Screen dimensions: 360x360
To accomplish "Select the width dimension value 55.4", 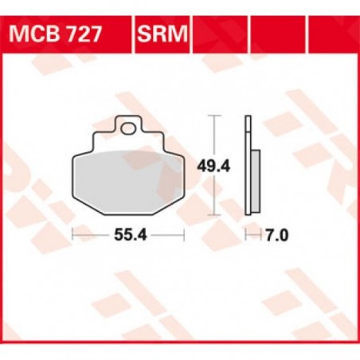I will click(x=127, y=236).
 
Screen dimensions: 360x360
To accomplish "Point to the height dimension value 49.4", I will click(x=213, y=166).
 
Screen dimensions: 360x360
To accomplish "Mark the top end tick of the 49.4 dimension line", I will click(x=213, y=116).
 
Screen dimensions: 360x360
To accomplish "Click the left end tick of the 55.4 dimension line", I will click(x=72, y=235).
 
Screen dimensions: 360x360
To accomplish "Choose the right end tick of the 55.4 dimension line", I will click(x=184, y=235).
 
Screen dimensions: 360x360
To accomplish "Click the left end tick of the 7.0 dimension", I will click(x=245, y=235).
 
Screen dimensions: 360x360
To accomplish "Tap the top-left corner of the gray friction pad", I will click(x=77, y=155).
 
